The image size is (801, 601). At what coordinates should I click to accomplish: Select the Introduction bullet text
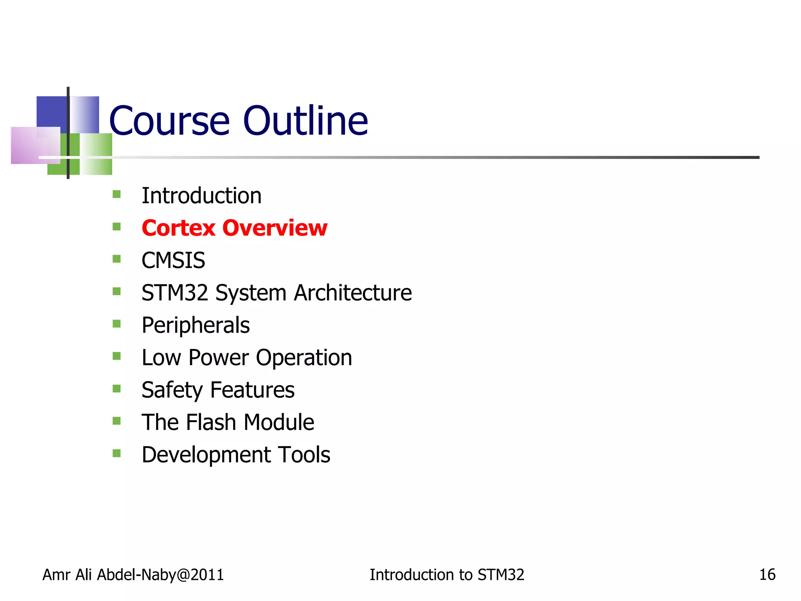coord(201,196)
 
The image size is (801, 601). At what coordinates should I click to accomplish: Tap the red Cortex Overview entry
coord(234,228)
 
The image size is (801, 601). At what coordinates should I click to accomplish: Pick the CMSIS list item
coord(173,260)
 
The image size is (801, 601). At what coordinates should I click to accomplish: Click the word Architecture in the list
coord(353,293)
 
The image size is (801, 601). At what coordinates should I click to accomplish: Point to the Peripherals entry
coord(196,325)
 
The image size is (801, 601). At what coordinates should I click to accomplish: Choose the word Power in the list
coord(219,358)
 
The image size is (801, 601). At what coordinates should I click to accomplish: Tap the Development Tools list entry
coord(236,455)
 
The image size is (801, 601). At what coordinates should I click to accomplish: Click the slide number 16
coord(767,575)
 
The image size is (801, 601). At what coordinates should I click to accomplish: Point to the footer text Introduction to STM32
coord(447,575)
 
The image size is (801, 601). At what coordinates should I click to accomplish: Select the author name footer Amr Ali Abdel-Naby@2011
coord(133,575)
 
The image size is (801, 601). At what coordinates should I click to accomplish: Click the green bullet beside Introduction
coord(117,194)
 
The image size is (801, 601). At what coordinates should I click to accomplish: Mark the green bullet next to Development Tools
coord(117,453)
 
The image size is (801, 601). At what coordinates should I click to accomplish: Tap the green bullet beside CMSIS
coord(117,259)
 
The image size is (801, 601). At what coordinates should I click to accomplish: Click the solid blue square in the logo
coord(51,111)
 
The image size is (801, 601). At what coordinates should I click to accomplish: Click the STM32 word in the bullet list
coord(175,293)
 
